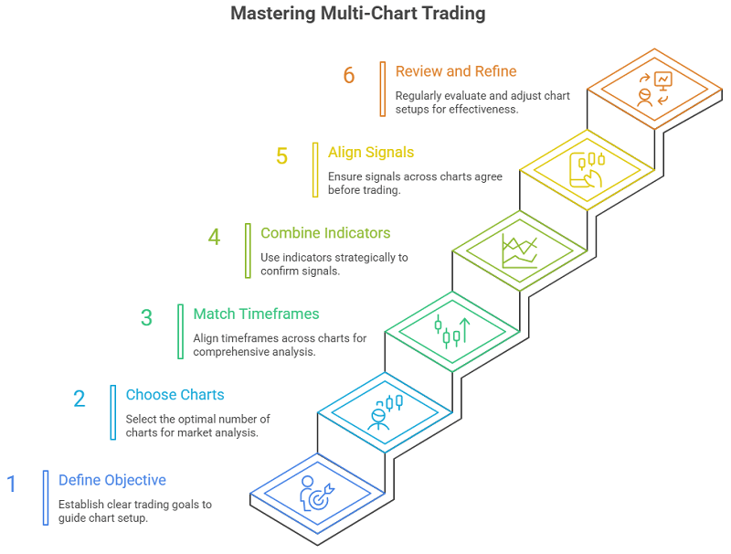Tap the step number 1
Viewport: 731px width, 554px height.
(x=12, y=484)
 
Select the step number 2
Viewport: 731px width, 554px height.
(x=79, y=399)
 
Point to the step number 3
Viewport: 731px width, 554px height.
(x=146, y=317)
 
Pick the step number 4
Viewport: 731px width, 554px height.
(x=214, y=237)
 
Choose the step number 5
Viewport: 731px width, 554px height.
(x=281, y=156)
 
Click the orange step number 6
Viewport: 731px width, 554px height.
(x=349, y=75)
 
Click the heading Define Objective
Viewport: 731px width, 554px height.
(x=112, y=480)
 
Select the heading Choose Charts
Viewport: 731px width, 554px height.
(x=175, y=395)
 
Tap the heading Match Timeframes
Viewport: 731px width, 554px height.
(x=256, y=314)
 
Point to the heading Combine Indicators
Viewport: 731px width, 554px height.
(x=325, y=233)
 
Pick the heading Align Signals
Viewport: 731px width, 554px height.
(x=371, y=153)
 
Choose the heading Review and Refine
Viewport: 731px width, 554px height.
(x=456, y=71)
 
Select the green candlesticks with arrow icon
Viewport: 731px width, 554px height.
(x=451, y=331)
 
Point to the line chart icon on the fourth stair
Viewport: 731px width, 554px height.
(x=519, y=249)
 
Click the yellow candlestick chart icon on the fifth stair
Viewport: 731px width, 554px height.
(x=587, y=169)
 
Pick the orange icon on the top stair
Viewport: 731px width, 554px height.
(x=654, y=89)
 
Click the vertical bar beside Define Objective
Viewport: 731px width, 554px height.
(x=45, y=497)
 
